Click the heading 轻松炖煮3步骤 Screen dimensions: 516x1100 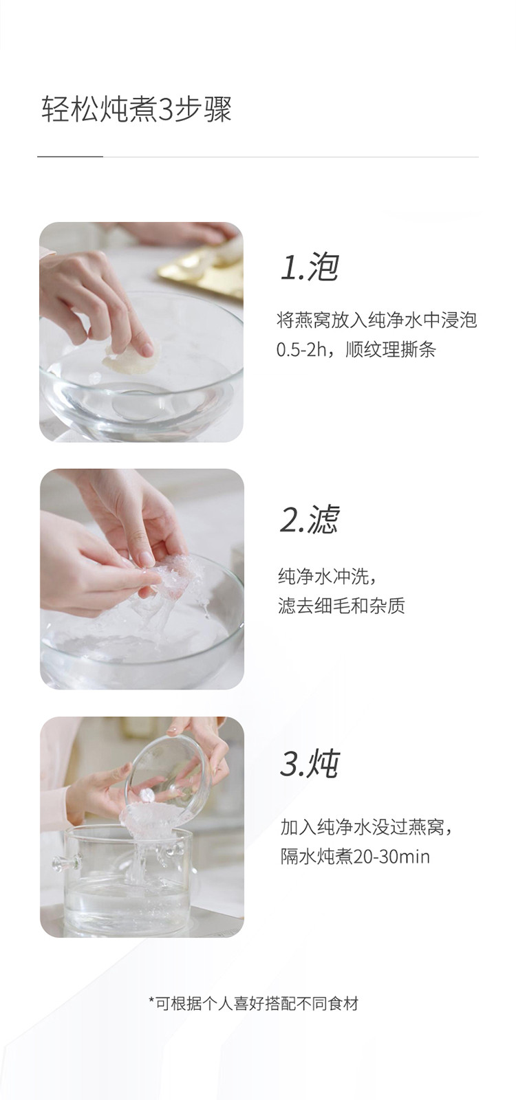click(x=136, y=109)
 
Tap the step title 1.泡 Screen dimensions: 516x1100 click(x=310, y=267)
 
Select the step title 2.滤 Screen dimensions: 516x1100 click(x=310, y=520)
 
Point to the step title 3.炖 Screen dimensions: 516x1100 click(x=310, y=764)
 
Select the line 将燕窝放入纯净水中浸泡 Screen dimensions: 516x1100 click(x=376, y=320)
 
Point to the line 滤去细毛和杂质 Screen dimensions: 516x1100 click(x=341, y=606)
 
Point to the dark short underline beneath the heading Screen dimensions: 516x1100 click(x=70, y=157)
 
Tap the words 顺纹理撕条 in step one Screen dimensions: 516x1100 click(x=390, y=350)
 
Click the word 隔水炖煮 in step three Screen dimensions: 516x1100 click(x=316, y=857)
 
